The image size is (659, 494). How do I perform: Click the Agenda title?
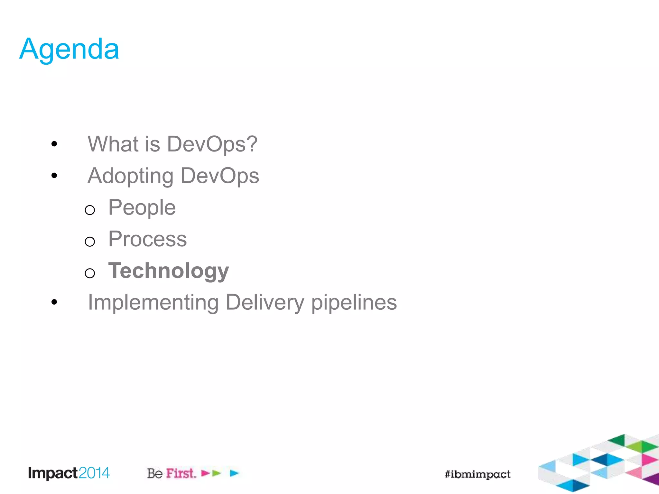tap(69, 49)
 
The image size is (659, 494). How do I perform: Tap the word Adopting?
tap(131, 176)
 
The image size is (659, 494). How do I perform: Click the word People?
tap(142, 208)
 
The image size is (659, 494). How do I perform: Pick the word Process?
tap(147, 239)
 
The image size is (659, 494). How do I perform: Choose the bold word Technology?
tap(169, 271)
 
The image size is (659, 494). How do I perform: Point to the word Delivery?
tap(265, 303)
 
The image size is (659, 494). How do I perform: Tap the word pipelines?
tap(354, 303)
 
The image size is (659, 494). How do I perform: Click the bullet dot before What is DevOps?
tap(54, 144)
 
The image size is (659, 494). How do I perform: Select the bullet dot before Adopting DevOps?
tap(54, 175)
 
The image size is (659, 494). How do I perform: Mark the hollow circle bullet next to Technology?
tap(90, 273)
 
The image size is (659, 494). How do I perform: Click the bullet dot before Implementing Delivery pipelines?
tap(54, 302)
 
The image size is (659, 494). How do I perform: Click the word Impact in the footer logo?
tap(53, 473)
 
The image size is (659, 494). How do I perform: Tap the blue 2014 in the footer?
tap(94, 473)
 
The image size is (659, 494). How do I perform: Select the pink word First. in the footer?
tap(181, 473)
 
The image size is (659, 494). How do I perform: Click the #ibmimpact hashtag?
tap(477, 474)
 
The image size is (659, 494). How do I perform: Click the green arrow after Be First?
tap(217, 473)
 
